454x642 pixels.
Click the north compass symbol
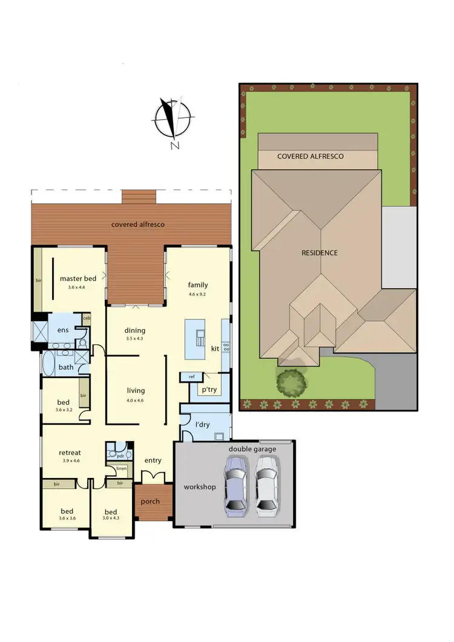pos(173,119)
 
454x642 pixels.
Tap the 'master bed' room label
pos(78,279)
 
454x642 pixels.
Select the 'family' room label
pos(198,285)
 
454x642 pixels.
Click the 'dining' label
pos(135,330)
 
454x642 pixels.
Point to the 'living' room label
pos(136,390)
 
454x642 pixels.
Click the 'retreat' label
pos(70,452)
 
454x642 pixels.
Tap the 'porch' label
pos(150,502)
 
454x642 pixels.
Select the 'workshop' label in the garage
pos(199,487)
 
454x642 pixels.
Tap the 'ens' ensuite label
pos(63,330)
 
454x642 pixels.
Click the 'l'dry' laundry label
pos(202,425)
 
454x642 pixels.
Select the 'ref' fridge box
pos(191,377)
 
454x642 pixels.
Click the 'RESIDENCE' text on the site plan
pos(319,252)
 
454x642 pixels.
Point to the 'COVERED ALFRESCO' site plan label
pos(310,156)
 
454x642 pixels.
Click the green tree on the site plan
pos(292,382)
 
